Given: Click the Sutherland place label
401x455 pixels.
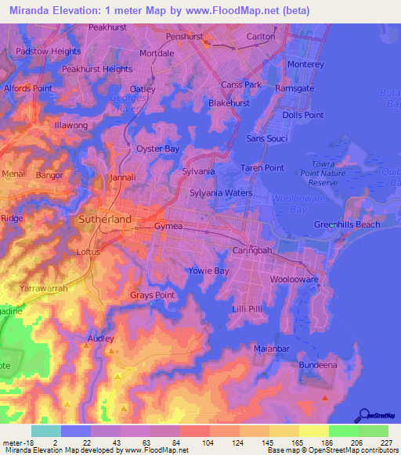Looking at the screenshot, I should (105, 220).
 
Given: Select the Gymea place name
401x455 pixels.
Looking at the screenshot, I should (168, 225).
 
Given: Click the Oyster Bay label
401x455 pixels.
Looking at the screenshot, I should (158, 149).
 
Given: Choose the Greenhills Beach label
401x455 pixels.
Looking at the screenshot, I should (347, 224).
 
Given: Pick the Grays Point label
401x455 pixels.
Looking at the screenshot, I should (152, 295).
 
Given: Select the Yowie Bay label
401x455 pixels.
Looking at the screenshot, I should (208, 270).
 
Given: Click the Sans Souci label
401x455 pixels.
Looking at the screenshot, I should (266, 138).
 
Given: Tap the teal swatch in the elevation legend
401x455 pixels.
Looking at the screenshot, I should (45, 431).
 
